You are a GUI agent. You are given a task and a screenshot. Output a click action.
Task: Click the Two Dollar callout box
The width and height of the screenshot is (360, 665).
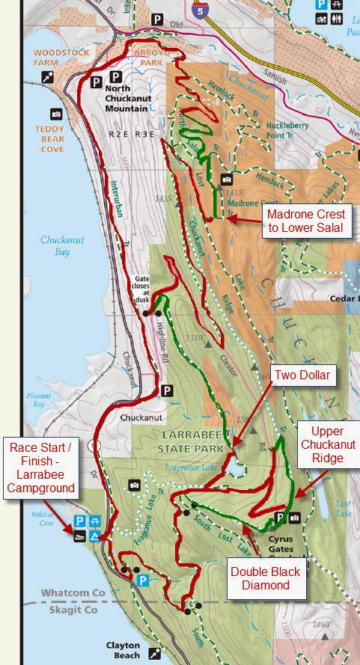coord(302,375)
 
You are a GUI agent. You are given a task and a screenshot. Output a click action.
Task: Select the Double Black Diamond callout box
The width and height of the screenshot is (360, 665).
coord(266,578)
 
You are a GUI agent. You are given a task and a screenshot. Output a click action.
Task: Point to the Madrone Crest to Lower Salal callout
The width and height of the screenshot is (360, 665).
coord(307,221)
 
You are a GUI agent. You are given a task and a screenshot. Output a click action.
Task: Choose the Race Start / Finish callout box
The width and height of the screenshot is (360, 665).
coord(42,468)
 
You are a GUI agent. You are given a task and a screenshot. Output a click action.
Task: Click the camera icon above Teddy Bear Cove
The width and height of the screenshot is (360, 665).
coord(56,114)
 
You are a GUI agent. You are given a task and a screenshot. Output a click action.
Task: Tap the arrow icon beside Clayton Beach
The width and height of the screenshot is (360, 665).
coord(154,653)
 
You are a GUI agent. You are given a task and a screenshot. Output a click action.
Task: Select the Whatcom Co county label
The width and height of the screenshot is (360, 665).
coord(73,593)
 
